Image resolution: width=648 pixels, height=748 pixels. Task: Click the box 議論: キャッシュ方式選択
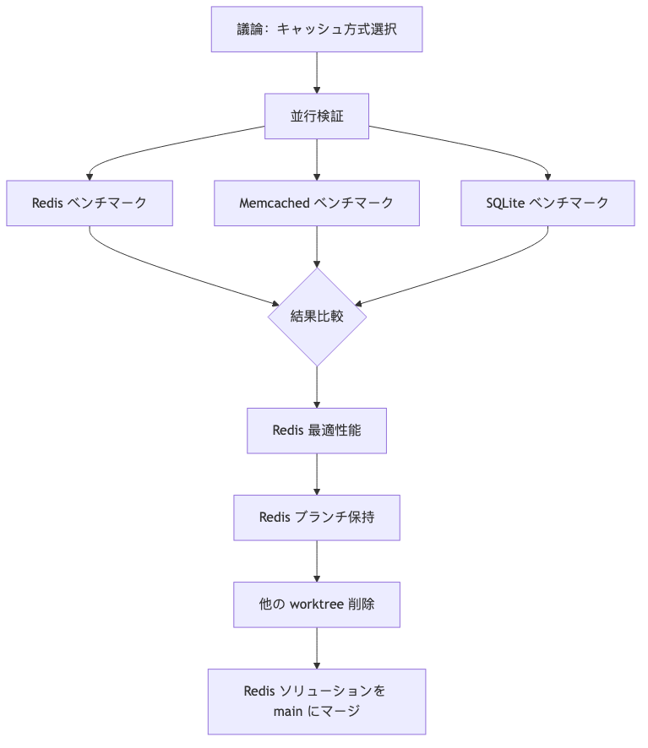(x=316, y=30)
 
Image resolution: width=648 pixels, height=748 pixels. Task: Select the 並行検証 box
(x=316, y=117)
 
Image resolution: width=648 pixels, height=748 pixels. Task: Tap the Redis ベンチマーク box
(x=90, y=203)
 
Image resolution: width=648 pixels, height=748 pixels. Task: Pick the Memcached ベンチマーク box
(x=316, y=203)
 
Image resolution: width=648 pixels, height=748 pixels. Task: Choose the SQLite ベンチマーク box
(x=547, y=203)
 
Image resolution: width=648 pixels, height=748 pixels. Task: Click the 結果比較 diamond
(x=316, y=317)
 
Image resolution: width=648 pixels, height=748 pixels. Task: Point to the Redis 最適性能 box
(x=316, y=431)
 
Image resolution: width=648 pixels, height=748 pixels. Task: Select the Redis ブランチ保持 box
(x=316, y=518)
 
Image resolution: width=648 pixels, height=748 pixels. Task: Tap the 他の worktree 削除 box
(x=316, y=604)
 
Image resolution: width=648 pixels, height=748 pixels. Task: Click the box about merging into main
(x=316, y=702)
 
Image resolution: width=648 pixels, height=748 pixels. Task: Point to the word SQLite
(x=505, y=203)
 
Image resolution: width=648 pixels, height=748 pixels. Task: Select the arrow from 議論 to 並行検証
(x=317, y=73)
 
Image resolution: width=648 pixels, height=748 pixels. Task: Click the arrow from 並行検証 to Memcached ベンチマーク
(x=317, y=160)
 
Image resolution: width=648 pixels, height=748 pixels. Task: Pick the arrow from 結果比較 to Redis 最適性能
(x=317, y=388)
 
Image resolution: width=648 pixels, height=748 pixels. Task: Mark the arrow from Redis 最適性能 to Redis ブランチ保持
(x=317, y=474)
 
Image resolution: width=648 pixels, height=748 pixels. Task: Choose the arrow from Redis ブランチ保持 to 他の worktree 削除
(x=317, y=561)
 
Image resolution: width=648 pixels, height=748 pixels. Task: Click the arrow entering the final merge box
(x=317, y=648)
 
